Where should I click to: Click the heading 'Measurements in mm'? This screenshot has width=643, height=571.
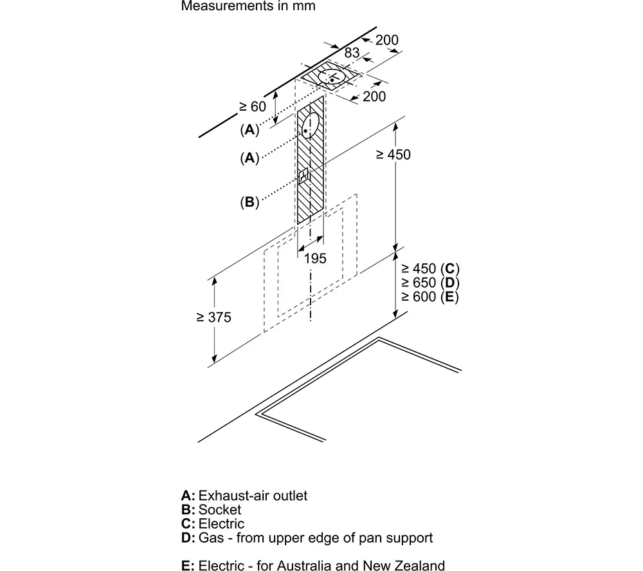click(248, 6)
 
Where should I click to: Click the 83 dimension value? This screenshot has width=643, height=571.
click(352, 53)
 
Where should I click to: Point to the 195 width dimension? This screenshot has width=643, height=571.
click(315, 258)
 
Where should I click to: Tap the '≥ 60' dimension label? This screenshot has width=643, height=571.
click(253, 107)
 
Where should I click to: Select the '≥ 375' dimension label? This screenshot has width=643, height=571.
click(213, 317)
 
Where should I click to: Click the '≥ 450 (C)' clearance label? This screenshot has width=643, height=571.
click(430, 268)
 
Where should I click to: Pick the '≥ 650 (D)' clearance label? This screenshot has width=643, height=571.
click(430, 283)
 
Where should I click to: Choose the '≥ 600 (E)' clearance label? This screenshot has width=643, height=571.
click(430, 296)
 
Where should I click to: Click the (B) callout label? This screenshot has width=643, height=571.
click(249, 202)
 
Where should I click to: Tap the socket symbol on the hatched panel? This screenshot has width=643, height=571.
click(303, 176)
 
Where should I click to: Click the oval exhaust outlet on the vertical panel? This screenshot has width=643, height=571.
click(311, 125)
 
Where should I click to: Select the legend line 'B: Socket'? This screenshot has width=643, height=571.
click(211, 509)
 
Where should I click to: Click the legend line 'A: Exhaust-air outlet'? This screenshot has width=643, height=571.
click(244, 496)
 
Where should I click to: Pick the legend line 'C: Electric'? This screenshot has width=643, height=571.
click(212, 523)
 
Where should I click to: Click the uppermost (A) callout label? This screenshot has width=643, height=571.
click(249, 130)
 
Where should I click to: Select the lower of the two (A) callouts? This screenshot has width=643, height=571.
click(249, 158)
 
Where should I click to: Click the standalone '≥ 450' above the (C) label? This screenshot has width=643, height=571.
click(393, 154)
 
